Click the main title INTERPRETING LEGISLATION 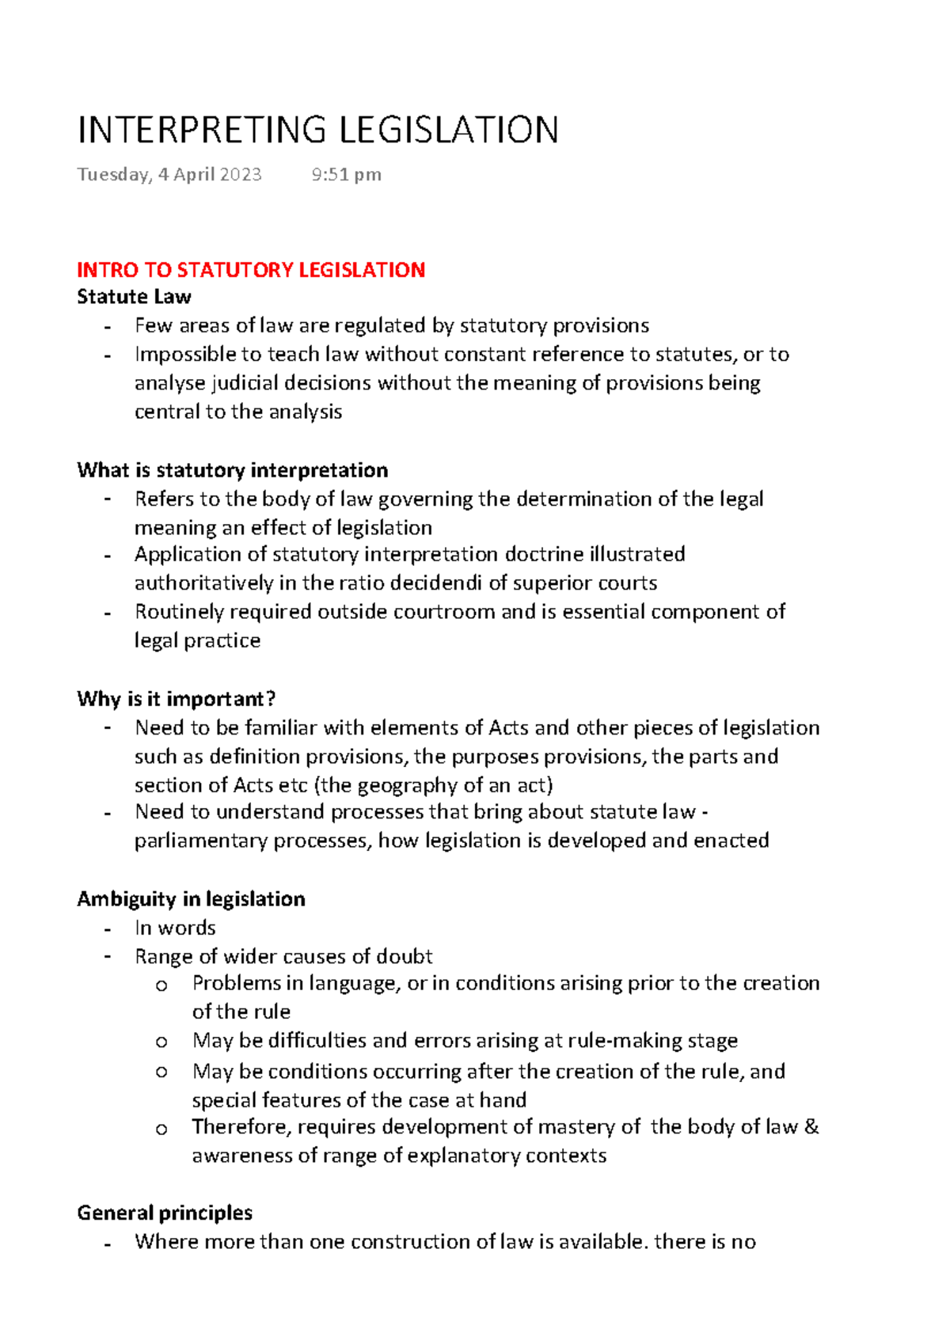(318, 131)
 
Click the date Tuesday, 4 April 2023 (169, 174)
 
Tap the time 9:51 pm (346, 174)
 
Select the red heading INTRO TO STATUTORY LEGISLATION (251, 270)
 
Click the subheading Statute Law (134, 297)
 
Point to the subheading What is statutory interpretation (232, 470)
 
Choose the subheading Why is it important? (176, 699)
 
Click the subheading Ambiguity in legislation (191, 899)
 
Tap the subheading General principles (165, 1213)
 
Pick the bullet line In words (175, 928)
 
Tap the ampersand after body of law (811, 1127)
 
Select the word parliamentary (200, 841)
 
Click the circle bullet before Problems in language (161, 985)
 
